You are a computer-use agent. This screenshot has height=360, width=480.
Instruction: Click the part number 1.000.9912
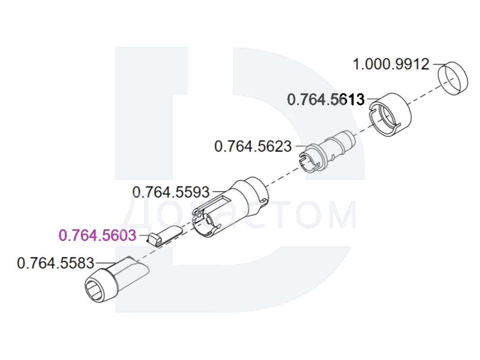pyautogui.click(x=391, y=65)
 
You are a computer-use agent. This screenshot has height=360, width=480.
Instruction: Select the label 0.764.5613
pyautogui.click(x=326, y=100)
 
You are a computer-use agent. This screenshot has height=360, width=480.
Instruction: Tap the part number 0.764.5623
pyautogui.click(x=253, y=146)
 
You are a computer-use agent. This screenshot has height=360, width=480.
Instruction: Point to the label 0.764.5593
pyautogui.click(x=171, y=192)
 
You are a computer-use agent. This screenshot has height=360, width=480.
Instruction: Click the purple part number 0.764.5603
pyautogui.click(x=97, y=235)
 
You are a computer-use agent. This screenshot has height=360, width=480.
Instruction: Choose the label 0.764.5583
pyautogui.click(x=55, y=263)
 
